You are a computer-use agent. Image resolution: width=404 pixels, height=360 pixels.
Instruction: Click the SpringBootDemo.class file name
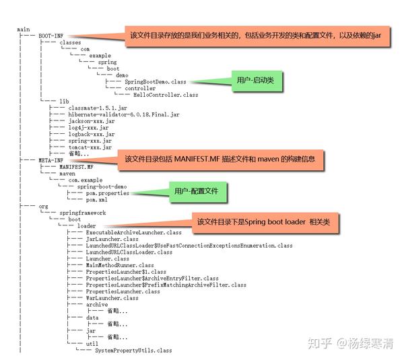tap(155, 81)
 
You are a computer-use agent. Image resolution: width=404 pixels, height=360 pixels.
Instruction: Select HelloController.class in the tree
tap(161, 95)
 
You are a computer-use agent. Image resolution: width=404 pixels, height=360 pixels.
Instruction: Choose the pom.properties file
tap(108, 193)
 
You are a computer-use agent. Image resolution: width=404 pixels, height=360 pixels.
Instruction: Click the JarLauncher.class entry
tap(112, 238)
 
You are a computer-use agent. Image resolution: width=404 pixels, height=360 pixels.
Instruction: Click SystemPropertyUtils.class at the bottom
tap(133, 351)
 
